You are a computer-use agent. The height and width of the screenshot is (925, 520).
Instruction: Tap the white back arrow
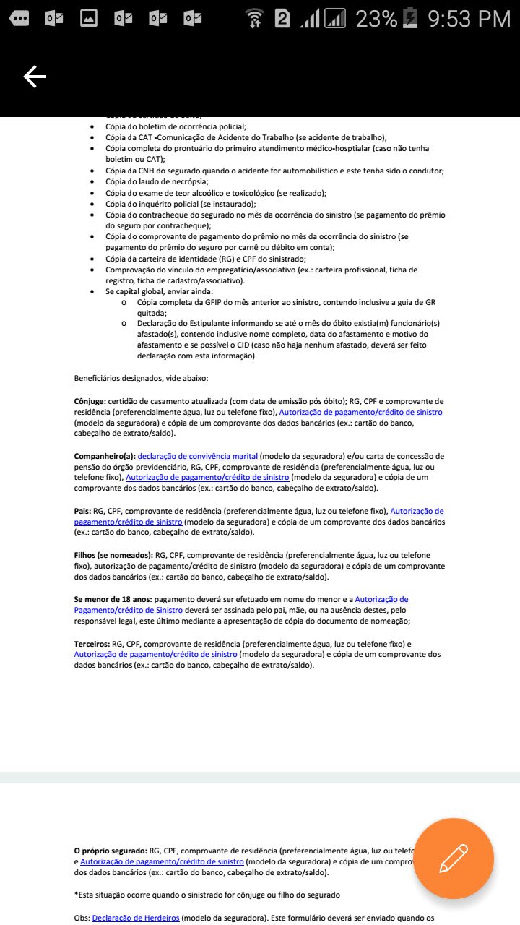pyautogui.click(x=35, y=77)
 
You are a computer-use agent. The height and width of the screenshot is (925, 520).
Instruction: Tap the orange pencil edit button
pyautogui.click(x=454, y=858)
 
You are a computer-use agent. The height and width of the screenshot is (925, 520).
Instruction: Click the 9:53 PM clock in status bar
pyautogui.click(x=469, y=19)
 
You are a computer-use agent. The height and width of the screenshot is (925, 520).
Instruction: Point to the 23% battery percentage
pyautogui.click(x=376, y=19)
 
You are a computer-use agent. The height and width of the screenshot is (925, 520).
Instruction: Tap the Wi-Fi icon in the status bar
pyautogui.click(x=254, y=19)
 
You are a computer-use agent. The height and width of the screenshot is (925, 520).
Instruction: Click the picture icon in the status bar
pyautogui.click(x=88, y=19)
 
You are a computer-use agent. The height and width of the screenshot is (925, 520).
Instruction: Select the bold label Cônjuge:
pyautogui.click(x=90, y=401)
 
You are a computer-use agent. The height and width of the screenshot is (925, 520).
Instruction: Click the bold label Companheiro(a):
pyautogui.click(x=105, y=456)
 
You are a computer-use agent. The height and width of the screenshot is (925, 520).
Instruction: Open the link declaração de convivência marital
pyautogui.click(x=198, y=456)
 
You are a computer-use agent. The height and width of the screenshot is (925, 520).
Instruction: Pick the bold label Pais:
pyautogui.click(x=82, y=511)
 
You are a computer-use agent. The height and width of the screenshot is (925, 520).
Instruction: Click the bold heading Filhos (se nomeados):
pyautogui.click(x=113, y=555)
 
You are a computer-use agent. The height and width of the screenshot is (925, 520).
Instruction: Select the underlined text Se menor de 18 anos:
pyautogui.click(x=113, y=599)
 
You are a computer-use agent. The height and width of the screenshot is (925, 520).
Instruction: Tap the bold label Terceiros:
pyautogui.click(x=92, y=643)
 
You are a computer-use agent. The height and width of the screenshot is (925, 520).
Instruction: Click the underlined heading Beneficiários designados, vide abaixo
pyautogui.click(x=140, y=378)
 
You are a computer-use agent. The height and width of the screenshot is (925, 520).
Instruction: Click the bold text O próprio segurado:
pyautogui.click(x=110, y=851)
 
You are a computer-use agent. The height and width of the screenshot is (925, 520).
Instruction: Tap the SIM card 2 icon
pyautogui.click(x=282, y=19)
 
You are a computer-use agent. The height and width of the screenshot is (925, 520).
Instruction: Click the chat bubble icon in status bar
pyautogui.click(x=19, y=19)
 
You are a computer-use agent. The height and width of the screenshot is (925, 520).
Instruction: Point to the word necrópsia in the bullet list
pyautogui.click(x=188, y=181)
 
